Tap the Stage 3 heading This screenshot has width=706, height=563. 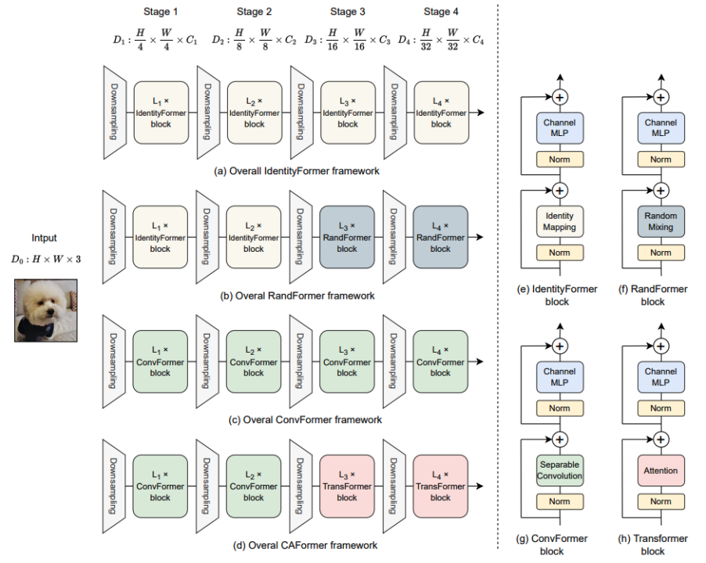[346, 12]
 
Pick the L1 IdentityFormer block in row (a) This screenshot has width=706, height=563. [160, 113]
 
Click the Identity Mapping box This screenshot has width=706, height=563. [559, 221]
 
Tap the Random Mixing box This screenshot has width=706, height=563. [661, 221]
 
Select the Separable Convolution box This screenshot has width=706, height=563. [559, 470]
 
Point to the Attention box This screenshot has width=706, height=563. [661, 471]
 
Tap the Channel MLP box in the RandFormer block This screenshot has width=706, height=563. [661, 128]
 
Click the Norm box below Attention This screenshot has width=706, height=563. [661, 501]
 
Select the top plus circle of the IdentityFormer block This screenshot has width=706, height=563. [559, 97]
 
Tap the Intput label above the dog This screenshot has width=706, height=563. [45, 238]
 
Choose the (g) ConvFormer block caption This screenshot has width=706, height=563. [559, 544]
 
